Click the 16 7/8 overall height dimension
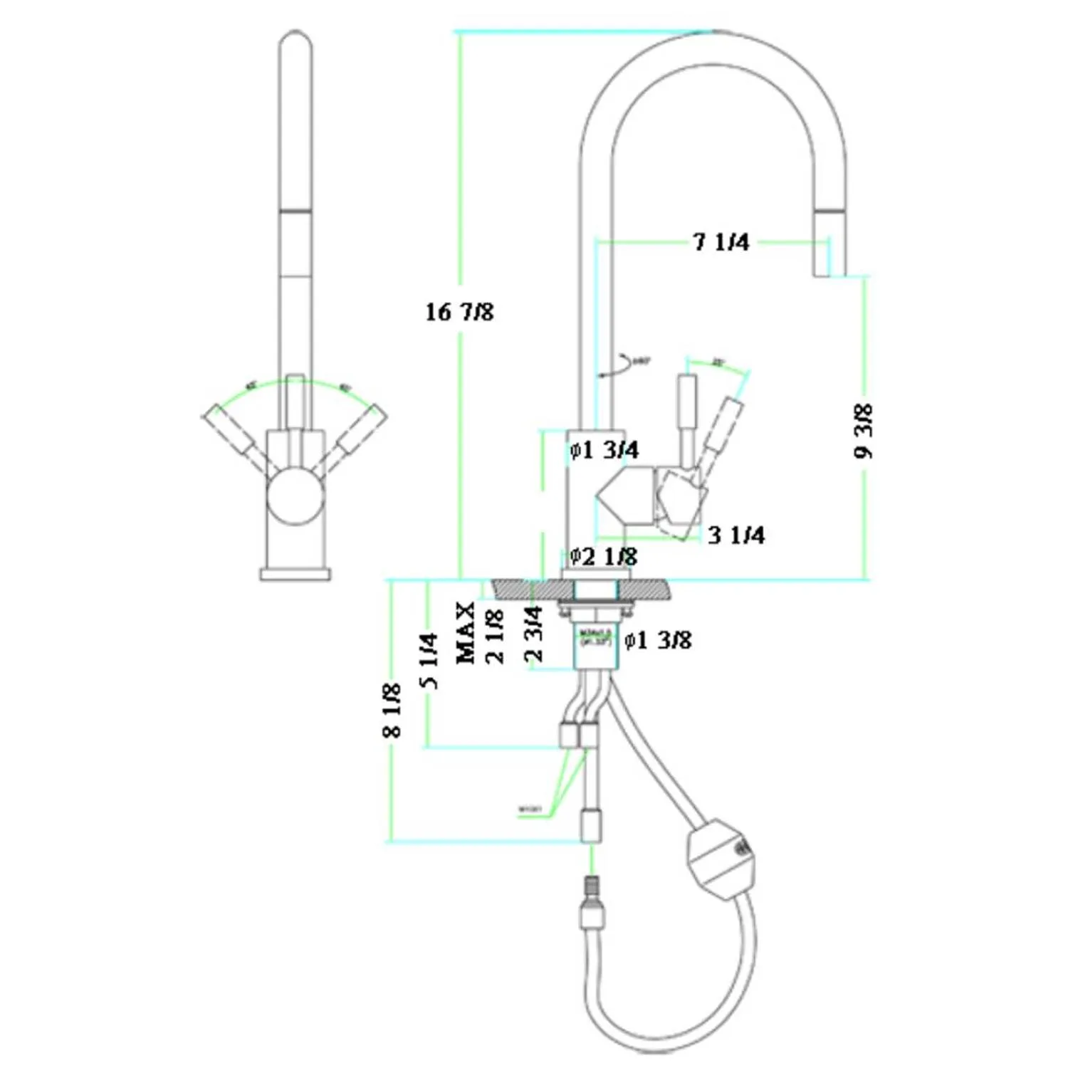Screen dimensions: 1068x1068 pos(459,312)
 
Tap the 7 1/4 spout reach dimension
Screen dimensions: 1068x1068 pos(721,242)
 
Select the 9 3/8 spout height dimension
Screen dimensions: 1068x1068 pos(863,431)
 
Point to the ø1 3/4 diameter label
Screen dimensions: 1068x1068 pos(604,450)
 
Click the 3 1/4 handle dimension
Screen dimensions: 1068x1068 pos(736,535)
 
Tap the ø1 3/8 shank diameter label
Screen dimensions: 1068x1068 pos(658,640)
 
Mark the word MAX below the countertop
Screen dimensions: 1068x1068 pos(465,633)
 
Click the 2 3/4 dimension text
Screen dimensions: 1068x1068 pos(534,634)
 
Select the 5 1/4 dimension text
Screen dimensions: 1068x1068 pos(429,661)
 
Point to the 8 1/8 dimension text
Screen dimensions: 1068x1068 pos(392,710)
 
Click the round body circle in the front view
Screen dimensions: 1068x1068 pos(295,496)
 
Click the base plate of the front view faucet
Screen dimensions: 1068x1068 pos(295,574)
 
